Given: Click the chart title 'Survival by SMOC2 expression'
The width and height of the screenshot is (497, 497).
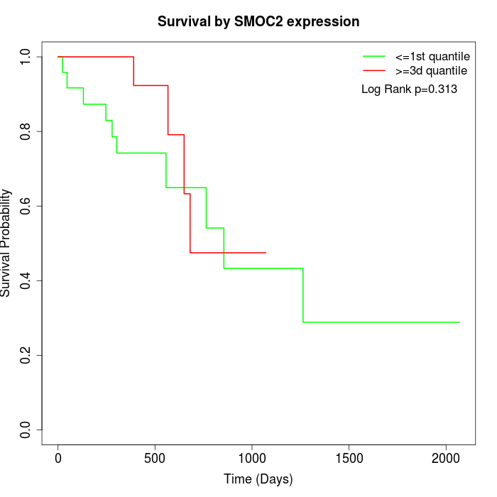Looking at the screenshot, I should point(258,21).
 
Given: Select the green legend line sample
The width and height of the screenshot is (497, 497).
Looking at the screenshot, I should point(373,56).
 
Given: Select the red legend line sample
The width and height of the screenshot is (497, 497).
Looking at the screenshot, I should point(373,70).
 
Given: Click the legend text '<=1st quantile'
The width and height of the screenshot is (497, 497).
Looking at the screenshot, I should point(432,56).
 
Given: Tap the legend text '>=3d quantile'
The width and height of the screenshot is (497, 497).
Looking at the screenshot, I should point(432,70).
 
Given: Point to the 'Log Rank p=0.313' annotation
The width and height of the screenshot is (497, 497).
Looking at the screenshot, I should point(409,89).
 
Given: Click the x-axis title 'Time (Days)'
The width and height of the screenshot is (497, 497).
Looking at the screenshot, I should point(258,479).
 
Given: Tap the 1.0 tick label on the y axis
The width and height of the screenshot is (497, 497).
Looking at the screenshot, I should point(26,57).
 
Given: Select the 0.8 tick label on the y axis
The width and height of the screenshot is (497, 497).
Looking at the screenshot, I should point(26,131).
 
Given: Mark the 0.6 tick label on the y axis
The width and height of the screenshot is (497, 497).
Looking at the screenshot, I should point(26,206).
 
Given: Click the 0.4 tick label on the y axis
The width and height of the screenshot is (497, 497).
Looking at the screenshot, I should point(26,280).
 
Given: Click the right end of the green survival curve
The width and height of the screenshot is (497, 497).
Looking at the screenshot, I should point(459,322).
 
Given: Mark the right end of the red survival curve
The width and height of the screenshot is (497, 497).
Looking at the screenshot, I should point(266,252).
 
